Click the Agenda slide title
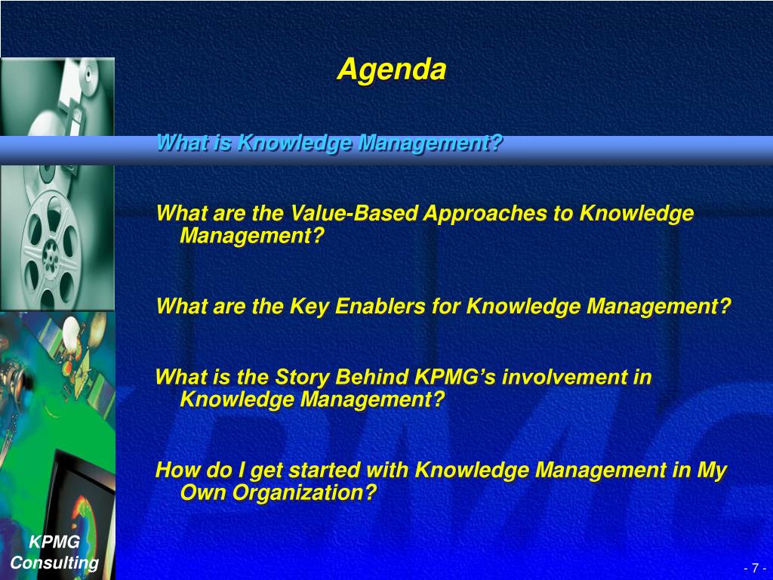pos(392,69)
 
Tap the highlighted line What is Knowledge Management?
pos(329,143)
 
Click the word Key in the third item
pos(309,307)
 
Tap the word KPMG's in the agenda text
pos(455,377)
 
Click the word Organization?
pos(304,492)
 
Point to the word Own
pos(203,492)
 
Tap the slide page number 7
pos(755,568)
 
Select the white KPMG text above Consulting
pos(54,542)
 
